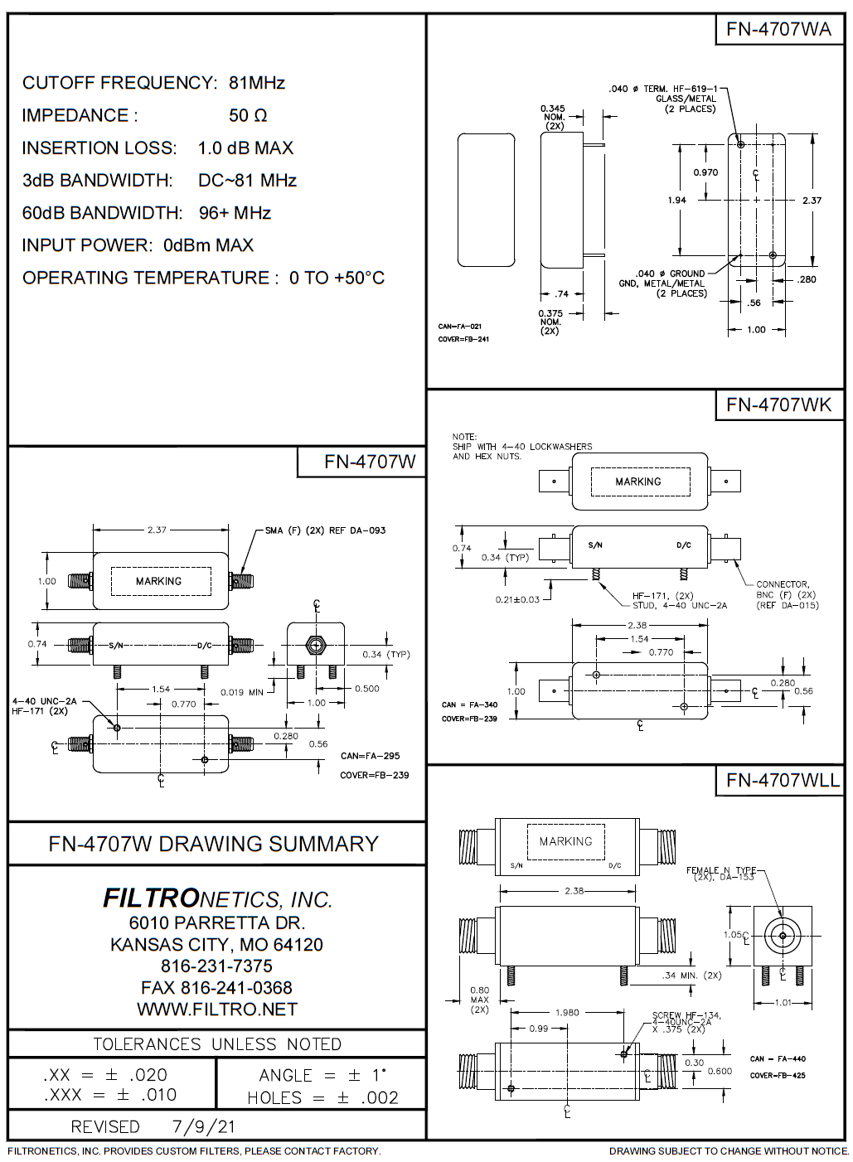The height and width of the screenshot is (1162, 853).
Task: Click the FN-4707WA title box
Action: pyautogui.click(x=778, y=29)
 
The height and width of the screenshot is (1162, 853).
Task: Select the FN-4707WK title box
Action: pyautogui.click(x=778, y=404)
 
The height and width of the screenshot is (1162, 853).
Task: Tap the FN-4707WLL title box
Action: pyautogui.click(x=782, y=780)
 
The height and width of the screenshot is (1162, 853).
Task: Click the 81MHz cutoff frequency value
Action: pyautogui.click(x=257, y=83)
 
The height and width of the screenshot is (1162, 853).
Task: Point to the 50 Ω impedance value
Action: pyautogui.click(x=248, y=115)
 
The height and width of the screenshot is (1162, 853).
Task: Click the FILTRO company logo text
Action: pyautogui.click(x=151, y=898)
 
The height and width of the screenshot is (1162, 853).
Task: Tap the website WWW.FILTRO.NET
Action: pyautogui.click(x=216, y=1009)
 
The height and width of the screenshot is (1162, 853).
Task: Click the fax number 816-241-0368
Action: pyautogui.click(x=216, y=987)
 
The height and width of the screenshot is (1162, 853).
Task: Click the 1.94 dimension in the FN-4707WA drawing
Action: pyautogui.click(x=676, y=200)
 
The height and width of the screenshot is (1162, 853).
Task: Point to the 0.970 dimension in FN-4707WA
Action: pyautogui.click(x=705, y=172)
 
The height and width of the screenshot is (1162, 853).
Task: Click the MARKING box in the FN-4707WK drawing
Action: pyautogui.click(x=638, y=482)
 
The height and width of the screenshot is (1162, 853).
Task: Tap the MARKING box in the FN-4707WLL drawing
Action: pyautogui.click(x=565, y=841)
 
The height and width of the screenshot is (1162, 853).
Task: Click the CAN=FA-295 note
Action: pyautogui.click(x=370, y=756)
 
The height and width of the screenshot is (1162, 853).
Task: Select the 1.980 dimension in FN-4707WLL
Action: pyautogui.click(x=567, y=1012)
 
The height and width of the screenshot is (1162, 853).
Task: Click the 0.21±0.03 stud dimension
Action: pyautogui.click(x=517, y=599)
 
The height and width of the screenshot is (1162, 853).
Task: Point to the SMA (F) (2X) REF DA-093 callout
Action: pyautogui.click(x=325, y=530)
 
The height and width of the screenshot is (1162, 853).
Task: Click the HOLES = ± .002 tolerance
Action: pyautogui.click(x=322, y=1098)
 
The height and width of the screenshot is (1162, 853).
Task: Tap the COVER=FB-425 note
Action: pyautogui.click(x=778, y=1076)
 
